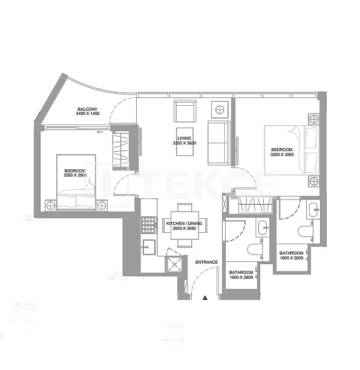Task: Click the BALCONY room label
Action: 88,109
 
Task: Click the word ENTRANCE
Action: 206,262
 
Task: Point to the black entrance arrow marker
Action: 205,297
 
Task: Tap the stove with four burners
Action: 148,225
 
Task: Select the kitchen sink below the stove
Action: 148,247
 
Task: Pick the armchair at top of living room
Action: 185,111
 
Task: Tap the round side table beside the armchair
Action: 219,109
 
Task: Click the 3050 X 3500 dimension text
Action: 281,154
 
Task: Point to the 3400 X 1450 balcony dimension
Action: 88,114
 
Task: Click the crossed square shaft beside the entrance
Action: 175,264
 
